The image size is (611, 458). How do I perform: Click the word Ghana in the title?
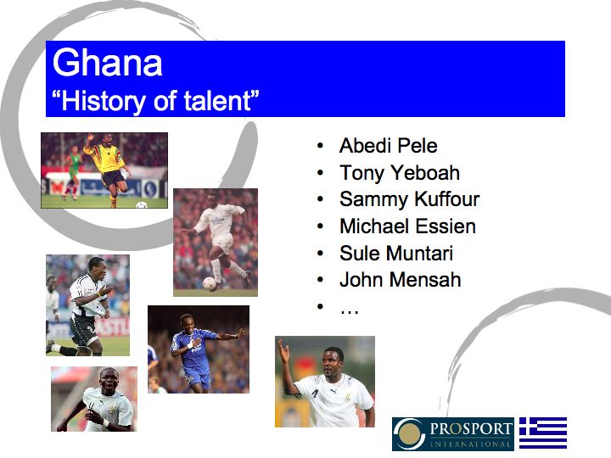point(107,64)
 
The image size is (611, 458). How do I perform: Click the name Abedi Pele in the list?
point(388,146)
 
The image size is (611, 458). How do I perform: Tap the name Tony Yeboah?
point(399,173)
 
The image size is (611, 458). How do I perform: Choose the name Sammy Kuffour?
point(409,199)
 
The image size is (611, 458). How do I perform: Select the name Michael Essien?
point(407,226)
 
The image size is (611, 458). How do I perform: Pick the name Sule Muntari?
point(396,253)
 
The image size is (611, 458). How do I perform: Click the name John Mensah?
point(400,280)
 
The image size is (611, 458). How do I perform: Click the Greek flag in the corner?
point(542,433)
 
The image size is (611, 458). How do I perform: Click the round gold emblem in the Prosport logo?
point(410,433)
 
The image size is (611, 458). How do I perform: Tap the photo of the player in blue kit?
point(198,349)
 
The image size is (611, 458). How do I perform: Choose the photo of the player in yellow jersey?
point(104,170)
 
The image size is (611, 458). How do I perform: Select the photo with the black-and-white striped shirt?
point(87,305)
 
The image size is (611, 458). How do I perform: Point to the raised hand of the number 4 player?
point(283,348)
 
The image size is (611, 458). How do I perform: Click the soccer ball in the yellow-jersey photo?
point(141,204)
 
